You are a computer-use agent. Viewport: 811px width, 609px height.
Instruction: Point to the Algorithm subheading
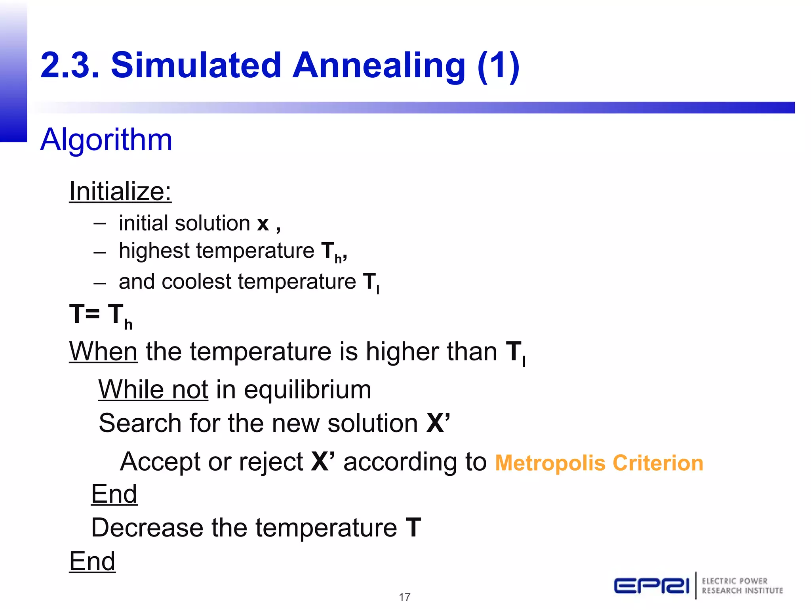[x=106, y=140]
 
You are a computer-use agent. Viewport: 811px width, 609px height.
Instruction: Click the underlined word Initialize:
[x=120, y=192]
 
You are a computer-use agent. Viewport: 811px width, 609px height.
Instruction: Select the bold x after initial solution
[x=263, y=224]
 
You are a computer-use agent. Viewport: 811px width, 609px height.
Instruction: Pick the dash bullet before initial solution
[x=100, y=224]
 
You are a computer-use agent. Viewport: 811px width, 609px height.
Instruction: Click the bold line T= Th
[x=101, y=315]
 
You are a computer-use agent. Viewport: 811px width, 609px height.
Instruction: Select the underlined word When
[x=103, y=352]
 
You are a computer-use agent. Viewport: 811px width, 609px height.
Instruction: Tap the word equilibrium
[x=307, y=390]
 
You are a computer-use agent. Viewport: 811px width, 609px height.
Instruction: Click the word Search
[x=140, y=423]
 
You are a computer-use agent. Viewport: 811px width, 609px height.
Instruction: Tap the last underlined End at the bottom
[x=92, y=561]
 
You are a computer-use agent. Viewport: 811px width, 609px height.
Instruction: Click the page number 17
[x=405, y=597]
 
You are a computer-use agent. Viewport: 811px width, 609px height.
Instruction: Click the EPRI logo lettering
[x=651, y=586]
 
